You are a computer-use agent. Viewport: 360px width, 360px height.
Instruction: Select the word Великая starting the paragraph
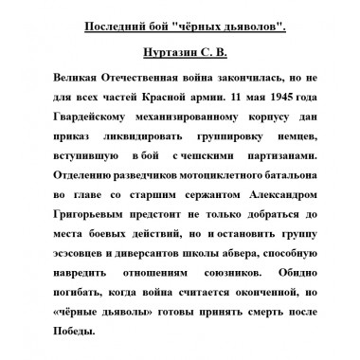click(77, 78)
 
